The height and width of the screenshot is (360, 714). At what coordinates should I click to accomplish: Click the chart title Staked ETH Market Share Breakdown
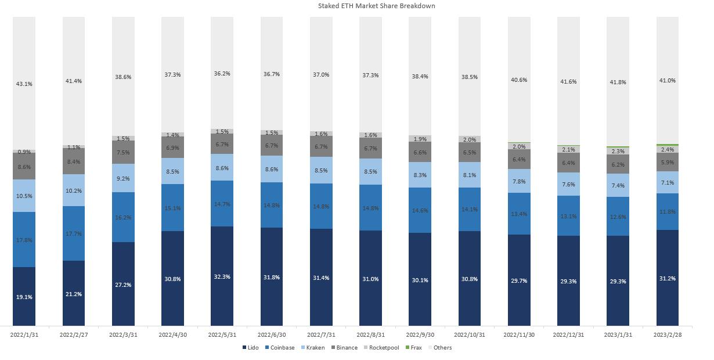pyautogui.click(x=376, y=6)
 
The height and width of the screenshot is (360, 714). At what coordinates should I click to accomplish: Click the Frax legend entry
pyautogui.click(x=413, y=348)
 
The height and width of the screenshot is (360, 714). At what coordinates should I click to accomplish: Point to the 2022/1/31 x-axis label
pyautogui.click(x=24, y=335)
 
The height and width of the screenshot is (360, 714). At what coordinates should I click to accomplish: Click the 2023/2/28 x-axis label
pyautogui.click(x=668, y=335)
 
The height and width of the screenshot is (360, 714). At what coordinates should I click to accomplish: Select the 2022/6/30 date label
pyautogui.click(x=272, y=335)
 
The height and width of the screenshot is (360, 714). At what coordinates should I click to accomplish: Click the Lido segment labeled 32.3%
pyautogui.click(x=222, y=276)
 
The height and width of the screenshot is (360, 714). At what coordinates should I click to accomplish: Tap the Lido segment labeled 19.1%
pyautogui.click(x=24, y=297)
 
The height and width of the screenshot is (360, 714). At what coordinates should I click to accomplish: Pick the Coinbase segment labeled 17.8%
pyautogui.click(x=24, y=240)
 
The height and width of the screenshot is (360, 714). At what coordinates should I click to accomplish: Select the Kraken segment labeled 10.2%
pyautogui.click(x=74, y=190)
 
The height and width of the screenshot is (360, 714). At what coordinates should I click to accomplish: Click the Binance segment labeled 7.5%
pyautogui.click(x=123, y=153)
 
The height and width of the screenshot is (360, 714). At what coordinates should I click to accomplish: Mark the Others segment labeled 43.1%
pyautogui.click(x=24, y=84)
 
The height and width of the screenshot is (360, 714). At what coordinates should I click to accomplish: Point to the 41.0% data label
pyautogui.click(x=668, y=81)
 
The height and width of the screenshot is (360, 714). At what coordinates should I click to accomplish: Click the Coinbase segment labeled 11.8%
pyautogui.click(x=668, y=212)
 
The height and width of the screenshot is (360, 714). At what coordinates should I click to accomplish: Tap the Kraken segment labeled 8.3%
pyautogui.click(x=420, y=175)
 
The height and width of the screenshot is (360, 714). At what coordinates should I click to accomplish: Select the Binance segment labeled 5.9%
pyautogui.click(x=668, y=163)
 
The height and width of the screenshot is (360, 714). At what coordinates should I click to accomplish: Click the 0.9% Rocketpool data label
pyautogui.click(x=24, y=152)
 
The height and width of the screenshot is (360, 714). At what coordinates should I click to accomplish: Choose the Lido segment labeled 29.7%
pyautogui.click(x=519, y=280)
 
